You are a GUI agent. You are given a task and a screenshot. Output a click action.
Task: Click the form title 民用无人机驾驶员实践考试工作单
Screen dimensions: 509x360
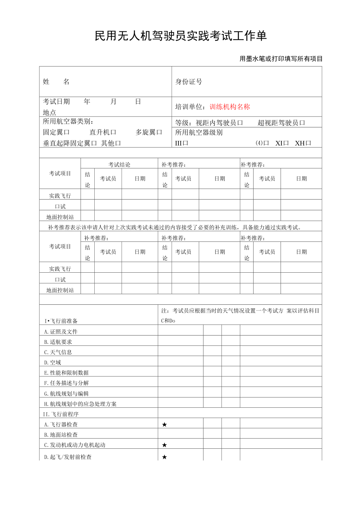(180, 36)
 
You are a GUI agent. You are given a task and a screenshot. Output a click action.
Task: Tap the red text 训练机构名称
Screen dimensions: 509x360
(230, 107)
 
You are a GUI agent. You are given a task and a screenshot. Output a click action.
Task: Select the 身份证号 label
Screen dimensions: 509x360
(189, 82)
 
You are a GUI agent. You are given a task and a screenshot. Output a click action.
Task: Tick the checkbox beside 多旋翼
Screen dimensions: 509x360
(159, 132)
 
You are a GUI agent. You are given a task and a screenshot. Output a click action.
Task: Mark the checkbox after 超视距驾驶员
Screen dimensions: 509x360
(302, 123)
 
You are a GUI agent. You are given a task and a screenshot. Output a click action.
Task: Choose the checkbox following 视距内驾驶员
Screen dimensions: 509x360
(240, 123)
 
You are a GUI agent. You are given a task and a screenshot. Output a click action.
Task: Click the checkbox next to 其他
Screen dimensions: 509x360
(118, 143)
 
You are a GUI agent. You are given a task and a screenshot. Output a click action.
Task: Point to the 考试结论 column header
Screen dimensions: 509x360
(119, 164)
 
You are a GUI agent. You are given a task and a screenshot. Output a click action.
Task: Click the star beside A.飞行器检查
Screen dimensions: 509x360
(164, 424)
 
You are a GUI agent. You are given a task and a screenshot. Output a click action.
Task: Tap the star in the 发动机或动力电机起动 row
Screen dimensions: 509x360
(164, 445)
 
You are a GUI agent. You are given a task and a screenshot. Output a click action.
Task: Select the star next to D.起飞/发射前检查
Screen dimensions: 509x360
(164, 457)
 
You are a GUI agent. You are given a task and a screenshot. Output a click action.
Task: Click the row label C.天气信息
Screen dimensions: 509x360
(58, 352)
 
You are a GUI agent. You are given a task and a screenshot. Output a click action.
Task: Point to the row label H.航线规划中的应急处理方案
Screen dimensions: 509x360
(80, 404)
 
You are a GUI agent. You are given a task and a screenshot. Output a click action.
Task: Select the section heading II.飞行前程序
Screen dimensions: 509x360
(61, 414)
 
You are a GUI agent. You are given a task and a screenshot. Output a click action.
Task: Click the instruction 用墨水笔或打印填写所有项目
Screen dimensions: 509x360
(281, 59)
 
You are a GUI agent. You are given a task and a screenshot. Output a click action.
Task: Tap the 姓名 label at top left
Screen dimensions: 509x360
(56, 82)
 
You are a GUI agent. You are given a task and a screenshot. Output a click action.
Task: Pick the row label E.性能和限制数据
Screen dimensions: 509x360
(66, 373)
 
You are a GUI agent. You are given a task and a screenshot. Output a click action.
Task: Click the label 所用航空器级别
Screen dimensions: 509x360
(199, 133)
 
